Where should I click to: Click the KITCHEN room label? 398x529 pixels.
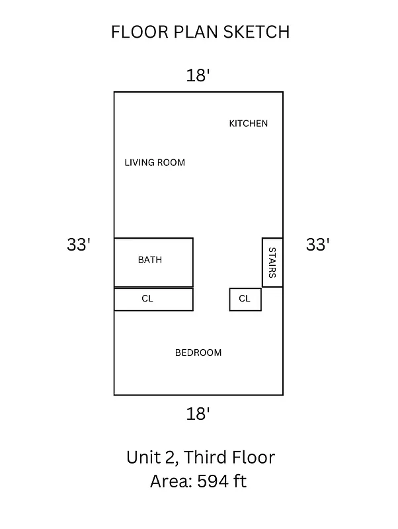(248, 124)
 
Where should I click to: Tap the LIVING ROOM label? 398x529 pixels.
(155, 163)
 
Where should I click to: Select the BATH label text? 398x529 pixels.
(149, 260)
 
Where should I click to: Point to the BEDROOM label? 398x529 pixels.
(198, 352)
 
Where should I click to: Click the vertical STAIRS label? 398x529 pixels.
(272, 263)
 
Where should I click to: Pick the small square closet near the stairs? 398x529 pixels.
(245, 299)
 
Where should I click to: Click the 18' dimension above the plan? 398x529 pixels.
(198, 75)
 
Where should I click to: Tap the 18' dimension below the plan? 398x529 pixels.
(198, 414)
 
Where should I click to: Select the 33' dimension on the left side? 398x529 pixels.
(78, 245)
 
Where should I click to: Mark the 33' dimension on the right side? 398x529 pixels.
(317, 245)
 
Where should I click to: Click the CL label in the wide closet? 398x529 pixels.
(147, 299)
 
